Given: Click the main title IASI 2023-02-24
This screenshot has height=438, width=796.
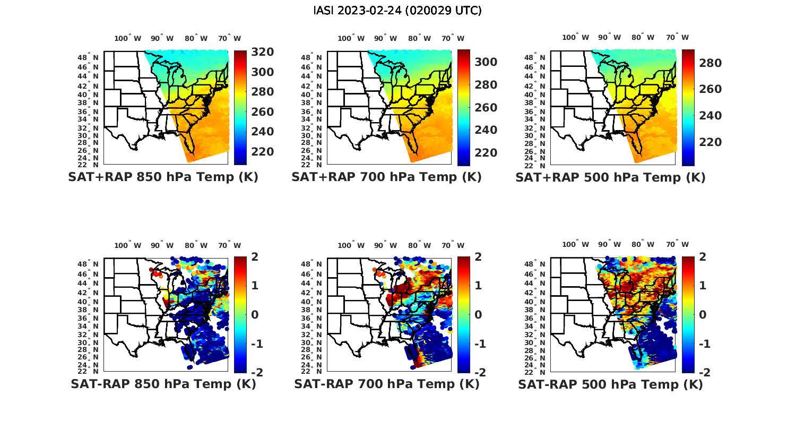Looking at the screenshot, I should pyautogui.click(x=397, y=11).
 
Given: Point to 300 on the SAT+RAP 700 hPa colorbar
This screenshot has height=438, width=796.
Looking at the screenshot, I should pyautogui.click(x=486, y=62).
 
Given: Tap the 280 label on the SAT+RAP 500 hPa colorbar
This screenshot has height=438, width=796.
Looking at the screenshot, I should pyautogui.click(x=711, y=63).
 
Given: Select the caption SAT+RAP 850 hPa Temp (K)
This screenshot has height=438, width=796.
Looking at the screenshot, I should pyautogui.click(x=163, y=177).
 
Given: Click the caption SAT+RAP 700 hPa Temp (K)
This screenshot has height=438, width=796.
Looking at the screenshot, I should pyautogui.click(x=386, y=177).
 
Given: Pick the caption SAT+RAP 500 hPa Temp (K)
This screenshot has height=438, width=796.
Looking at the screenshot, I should pyautogui.click(x=610, y=177).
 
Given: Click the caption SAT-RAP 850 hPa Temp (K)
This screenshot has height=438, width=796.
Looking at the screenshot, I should pyautogui.click(x=163, y=384).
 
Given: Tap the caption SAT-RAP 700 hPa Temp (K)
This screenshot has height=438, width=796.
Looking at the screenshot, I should pyautogui.click(x=386, y=384).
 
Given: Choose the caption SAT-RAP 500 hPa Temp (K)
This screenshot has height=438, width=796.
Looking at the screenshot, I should pyautogui.click(x=610, y=384).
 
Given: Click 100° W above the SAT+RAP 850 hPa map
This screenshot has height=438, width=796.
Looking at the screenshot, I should pyautogui.click(x=128, y=38).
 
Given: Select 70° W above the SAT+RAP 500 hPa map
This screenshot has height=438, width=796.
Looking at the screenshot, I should pyautogui.click(x=677, y=37).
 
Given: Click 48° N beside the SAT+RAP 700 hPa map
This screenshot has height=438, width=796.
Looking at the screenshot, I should pyautogui.click(x=312, y=57).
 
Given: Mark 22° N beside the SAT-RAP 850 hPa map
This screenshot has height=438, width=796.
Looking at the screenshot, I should pyautogui.click(x=89, y=371).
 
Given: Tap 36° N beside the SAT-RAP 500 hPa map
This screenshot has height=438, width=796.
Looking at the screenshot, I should pyautogui.click(x=535, y=318).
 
